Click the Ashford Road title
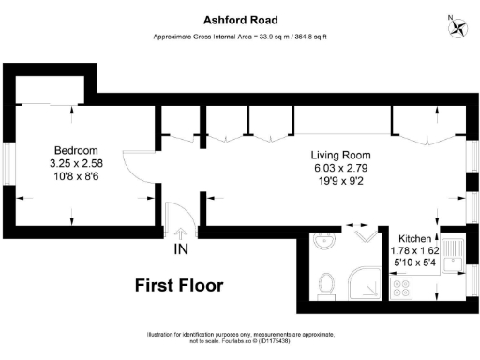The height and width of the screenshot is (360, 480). (239, 18)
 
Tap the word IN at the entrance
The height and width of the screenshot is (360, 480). (180, 250)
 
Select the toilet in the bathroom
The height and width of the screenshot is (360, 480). (328, 282)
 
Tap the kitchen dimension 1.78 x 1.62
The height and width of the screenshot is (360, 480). (414, 251)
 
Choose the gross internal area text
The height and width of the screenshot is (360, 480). (239, 37)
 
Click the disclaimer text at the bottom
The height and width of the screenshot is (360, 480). (239, 337)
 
